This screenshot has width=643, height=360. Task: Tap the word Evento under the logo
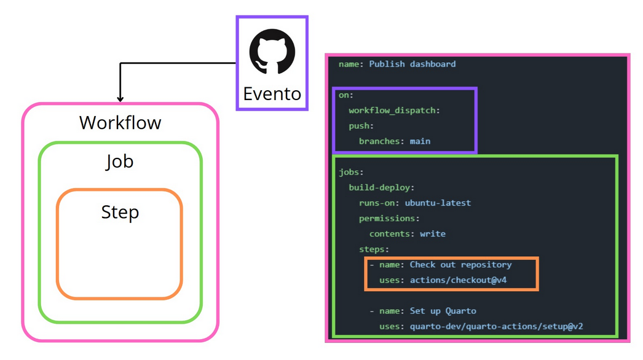pyautogui.click(x=272, y=94)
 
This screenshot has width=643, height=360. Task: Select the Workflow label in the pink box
pyautogui.click(x=120, y=123)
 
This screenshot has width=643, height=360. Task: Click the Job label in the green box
pyautogui.click(x=120, y=162)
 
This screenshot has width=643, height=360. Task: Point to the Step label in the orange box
pyautogui.click(x=120, y=212)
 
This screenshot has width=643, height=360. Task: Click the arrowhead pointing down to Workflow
pyautogui.click(x=120, y=98)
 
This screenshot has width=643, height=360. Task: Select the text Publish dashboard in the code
pyautogui.click(x=412, y=64)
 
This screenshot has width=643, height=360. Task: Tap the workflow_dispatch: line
pyautogui.click(x=395, y=111)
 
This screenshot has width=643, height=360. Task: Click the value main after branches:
pyautogui.click(x=420, y=141)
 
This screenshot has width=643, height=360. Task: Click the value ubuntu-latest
pyautogui.click(x=438, y=203)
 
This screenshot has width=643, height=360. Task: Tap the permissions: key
pyautogui.click(x=390, y=218)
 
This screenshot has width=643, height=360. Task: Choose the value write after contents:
pyautogui.click(x=433, y=233)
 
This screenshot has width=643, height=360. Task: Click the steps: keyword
pyautogui.click(x=374, y=249)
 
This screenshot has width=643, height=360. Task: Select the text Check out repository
pyautogui.click(x=460, y=265)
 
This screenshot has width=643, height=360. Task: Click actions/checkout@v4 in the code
pyautogui.click(x=458, y=280)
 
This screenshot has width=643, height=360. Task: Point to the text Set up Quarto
pyautogui.click(x=443, y=311)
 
